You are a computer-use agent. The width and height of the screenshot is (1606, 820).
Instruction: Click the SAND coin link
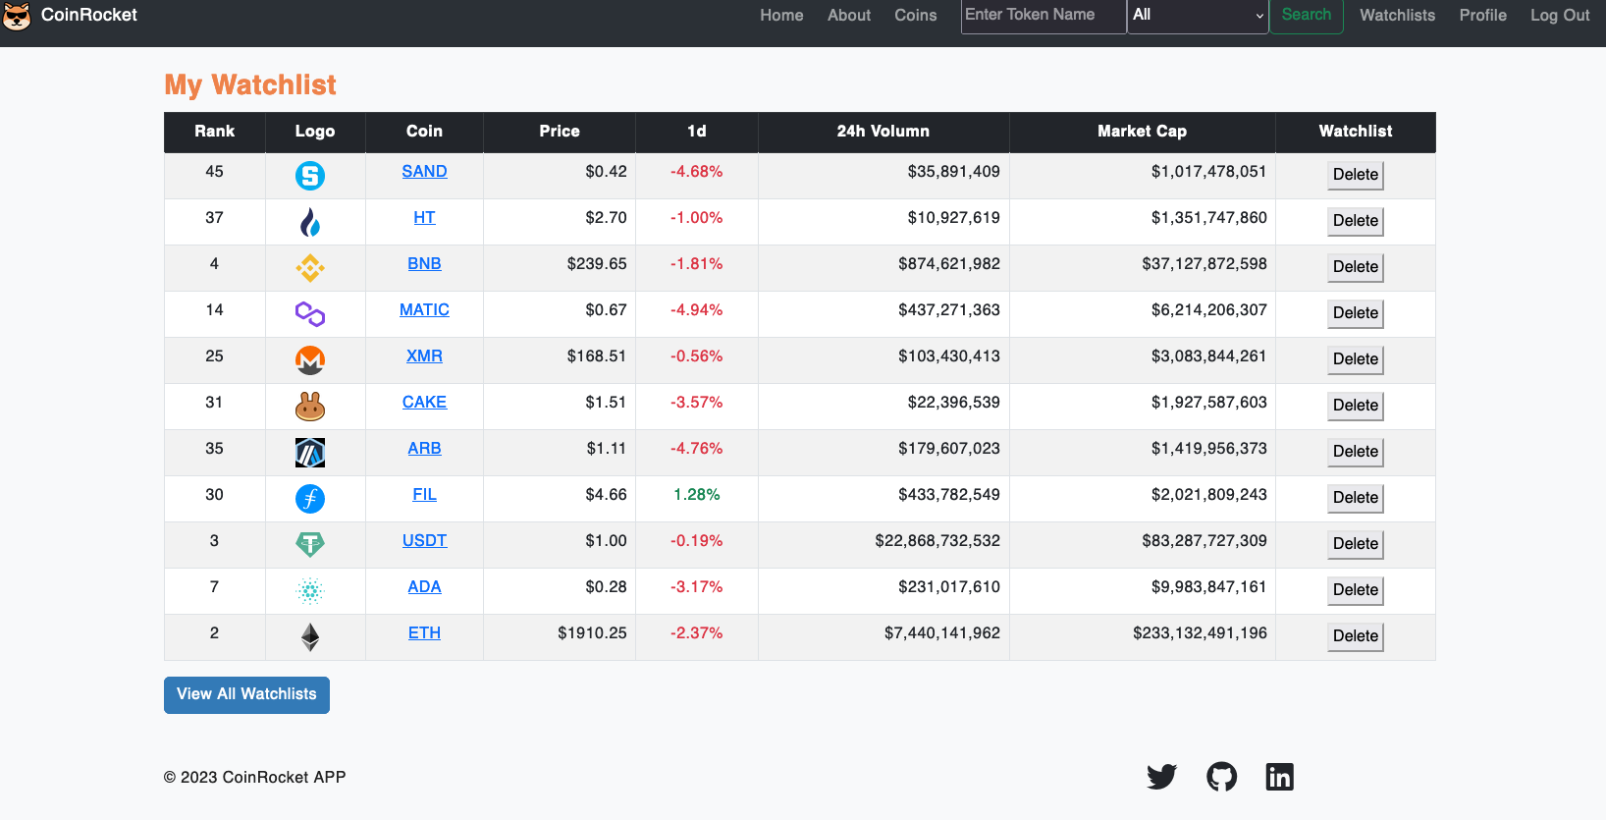tap(424, 171)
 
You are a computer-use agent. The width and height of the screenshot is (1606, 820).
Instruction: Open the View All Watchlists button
tap(246, 694)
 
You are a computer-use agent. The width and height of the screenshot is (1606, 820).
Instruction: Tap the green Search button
tap(1306, 16)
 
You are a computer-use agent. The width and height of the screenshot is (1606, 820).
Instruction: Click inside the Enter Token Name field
tap(1043, 16)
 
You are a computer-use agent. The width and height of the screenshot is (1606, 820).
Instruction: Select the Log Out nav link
tap(1559, 16)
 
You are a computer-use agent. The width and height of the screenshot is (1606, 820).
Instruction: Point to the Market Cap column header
tap(1142, 132)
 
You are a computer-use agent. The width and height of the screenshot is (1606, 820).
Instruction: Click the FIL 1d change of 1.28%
tap(696, 495)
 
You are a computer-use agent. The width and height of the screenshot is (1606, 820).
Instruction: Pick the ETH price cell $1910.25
tap(592, 633)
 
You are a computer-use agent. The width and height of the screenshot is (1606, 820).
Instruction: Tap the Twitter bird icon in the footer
tap(1161, 777)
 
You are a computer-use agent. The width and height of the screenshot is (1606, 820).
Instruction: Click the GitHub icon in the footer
tap(1221, 777)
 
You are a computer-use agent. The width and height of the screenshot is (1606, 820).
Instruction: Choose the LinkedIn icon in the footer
tap(1279, 777)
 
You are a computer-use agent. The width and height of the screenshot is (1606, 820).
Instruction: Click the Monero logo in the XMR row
tap(310, 359)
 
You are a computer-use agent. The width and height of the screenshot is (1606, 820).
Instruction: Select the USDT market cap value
tap(1204, 541)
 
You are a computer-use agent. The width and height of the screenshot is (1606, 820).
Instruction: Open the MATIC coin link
tap(424, 310)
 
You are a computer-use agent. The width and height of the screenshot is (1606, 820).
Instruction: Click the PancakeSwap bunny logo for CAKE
tap(310, 406)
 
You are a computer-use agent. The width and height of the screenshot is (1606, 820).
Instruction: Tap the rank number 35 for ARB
tap(214, 449)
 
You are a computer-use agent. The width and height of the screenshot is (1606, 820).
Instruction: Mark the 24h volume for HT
tap(953, 218)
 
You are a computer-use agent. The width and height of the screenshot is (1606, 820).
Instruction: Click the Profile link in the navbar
tap(1482, 16)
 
